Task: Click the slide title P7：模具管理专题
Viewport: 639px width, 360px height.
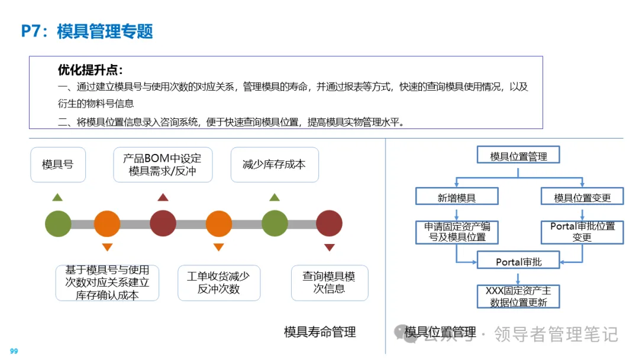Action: point(87,31)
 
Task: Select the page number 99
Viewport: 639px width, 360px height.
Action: point(14,351)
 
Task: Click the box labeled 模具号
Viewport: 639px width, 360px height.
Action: point(58,164)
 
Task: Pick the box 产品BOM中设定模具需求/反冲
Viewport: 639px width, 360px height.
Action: point(162,165)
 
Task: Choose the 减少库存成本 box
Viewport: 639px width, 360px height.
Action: point(274,164)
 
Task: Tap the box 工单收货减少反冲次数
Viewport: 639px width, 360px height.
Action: point(218,282)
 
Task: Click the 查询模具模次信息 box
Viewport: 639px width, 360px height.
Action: point(329,282)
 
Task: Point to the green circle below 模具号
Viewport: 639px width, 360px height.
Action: point(58,224)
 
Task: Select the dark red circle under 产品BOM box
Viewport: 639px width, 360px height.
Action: point(163,224)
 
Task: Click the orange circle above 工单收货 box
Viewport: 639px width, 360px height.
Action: point(218,224)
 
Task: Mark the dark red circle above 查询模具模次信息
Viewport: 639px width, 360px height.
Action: point(329,224)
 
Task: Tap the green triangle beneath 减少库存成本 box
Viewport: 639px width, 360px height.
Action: point(274,198)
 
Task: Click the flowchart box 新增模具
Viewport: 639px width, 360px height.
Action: point(457,197)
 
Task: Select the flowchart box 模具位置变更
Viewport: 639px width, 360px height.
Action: point(582,197)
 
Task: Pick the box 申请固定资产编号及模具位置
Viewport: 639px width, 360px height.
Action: point(457,232)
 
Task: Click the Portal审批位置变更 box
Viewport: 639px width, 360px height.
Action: point(582,232)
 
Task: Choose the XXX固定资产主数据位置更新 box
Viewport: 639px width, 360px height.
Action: point(518,296)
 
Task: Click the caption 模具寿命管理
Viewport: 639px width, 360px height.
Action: point(320,332)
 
